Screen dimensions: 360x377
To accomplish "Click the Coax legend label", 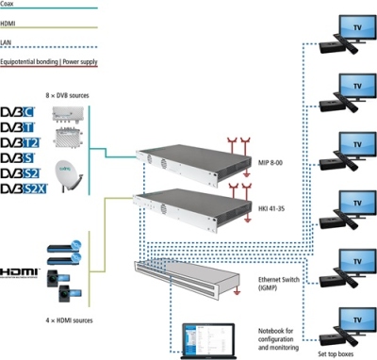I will [10, 5].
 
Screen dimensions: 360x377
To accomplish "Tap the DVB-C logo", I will [20, 114].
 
